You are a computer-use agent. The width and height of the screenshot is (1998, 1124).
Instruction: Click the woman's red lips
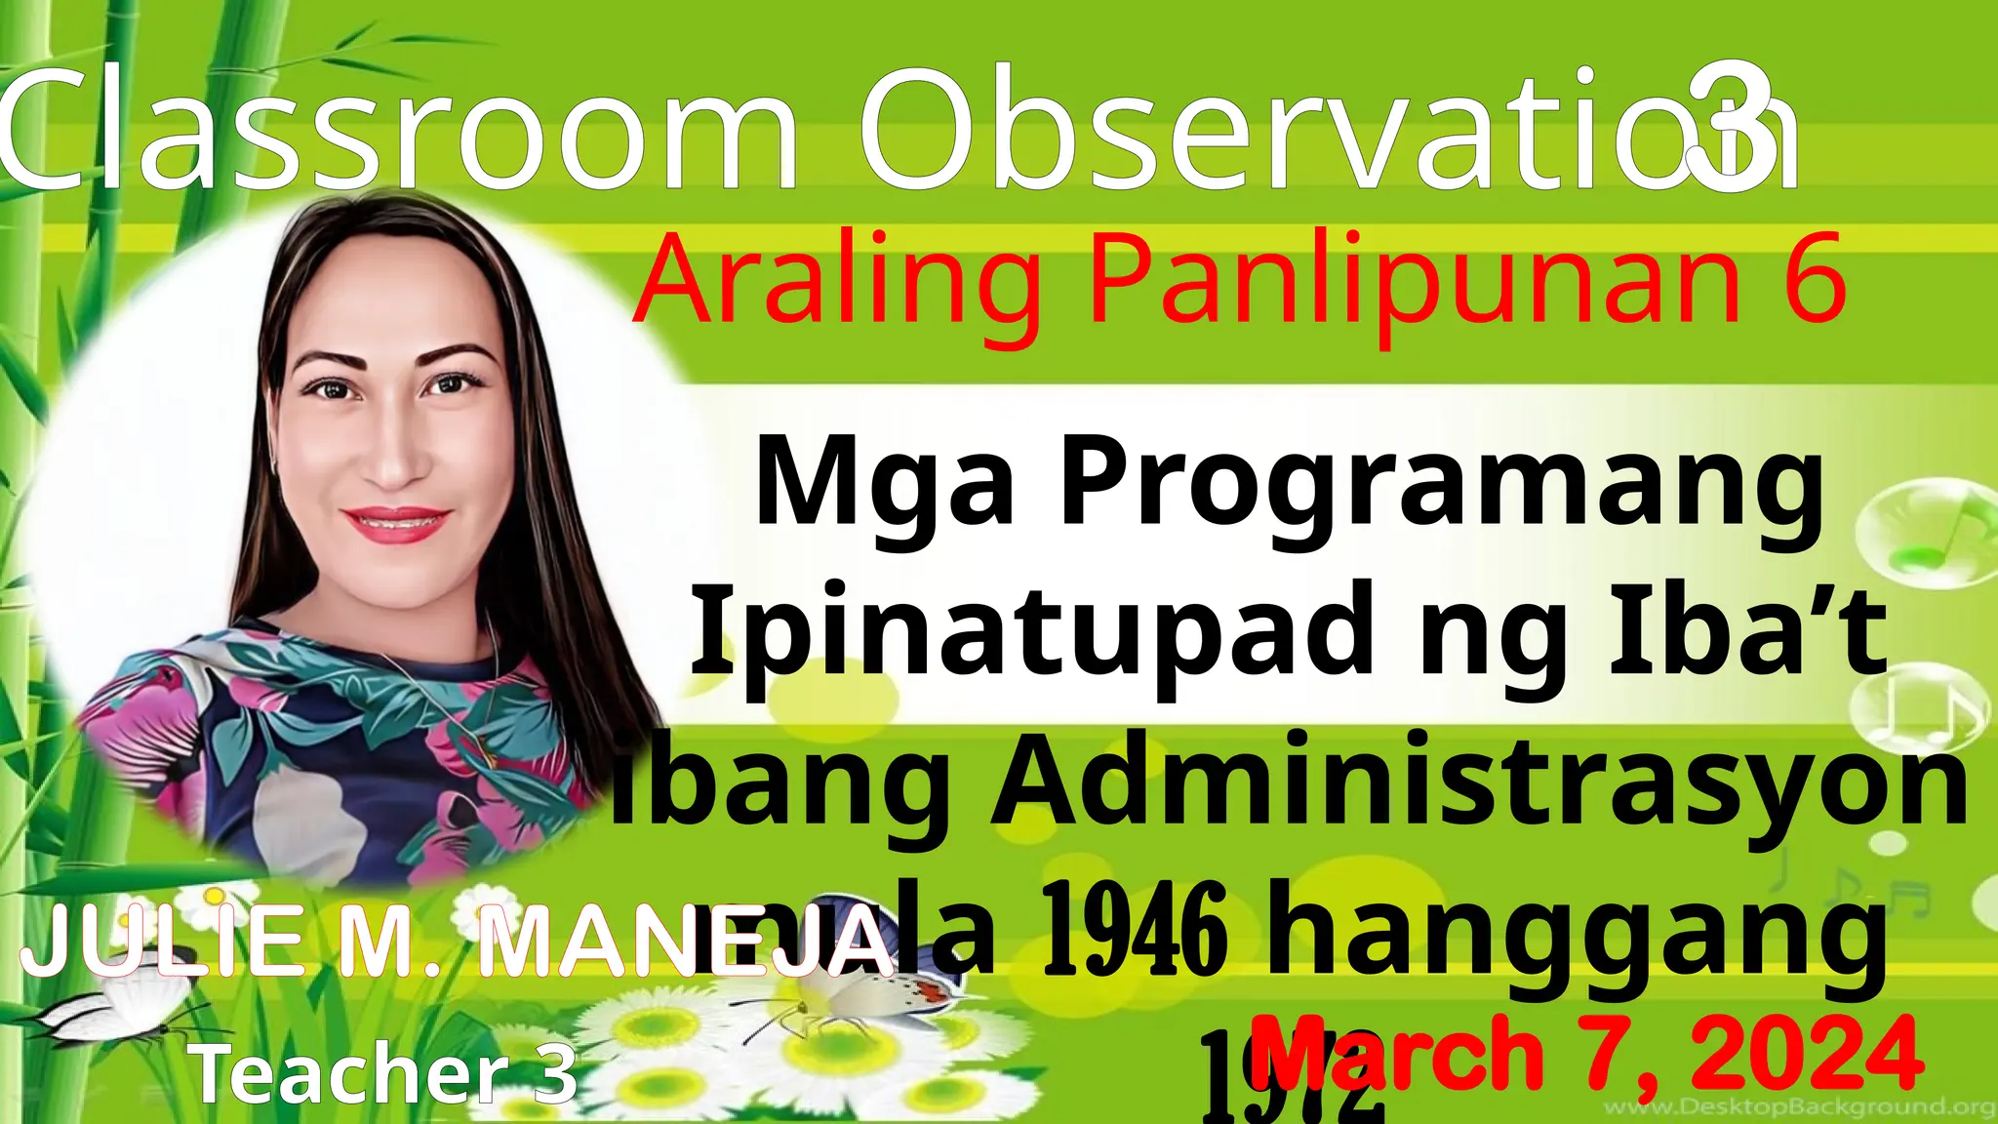(x=397, y=524)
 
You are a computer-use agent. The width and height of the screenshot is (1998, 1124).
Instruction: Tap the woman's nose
(x=392, y=459)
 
